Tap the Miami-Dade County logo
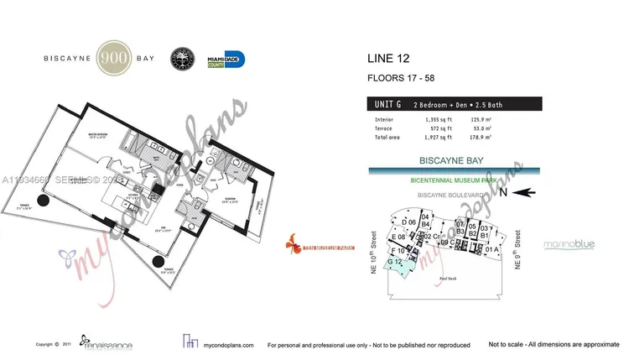click(x=226, y=60)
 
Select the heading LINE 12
click(x=392, y=59)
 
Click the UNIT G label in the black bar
click(x=387, y=104)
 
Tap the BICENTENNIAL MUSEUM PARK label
click(x=454, y=180)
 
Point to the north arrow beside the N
click(x=525, y=192)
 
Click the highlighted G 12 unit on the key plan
click(x=399, y=263)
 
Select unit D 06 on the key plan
click(x=409, y=222)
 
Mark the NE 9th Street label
click(x=517, y=249)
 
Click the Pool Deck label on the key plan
click(x=446, y=278)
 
